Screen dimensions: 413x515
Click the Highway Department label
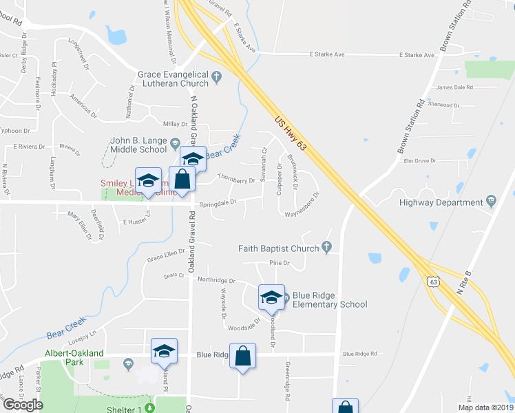point(441,202)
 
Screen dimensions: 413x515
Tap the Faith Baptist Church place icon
point(327,248)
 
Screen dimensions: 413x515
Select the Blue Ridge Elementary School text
point(330,299)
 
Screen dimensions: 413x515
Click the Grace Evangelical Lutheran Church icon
point(217,76)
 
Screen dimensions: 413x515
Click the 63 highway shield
point(432,282)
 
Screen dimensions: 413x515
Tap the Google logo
point(23,405)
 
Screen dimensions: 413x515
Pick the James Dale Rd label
point(455,87)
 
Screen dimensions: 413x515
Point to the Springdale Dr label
point(218,202)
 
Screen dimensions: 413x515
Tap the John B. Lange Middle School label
point(138,145)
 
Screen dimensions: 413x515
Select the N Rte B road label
point(466,282)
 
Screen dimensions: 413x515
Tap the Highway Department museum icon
point(491,202)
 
